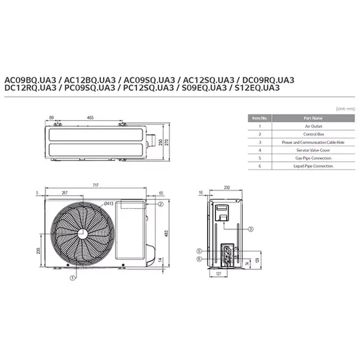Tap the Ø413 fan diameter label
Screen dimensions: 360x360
(108, 204)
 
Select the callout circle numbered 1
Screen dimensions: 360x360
(72, 277)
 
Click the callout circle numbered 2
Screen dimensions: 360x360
(161, 204)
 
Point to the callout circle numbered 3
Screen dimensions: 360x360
(251, 229)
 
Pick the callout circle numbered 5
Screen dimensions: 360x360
(200, 251)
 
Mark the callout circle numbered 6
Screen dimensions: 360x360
(200, 258)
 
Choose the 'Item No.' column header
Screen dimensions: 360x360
(259, 118)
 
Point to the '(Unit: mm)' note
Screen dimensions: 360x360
(345, 109)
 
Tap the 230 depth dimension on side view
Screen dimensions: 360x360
(227, 188)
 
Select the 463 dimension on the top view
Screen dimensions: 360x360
(90, 118)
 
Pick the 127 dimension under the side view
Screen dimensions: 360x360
(218, 274)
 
